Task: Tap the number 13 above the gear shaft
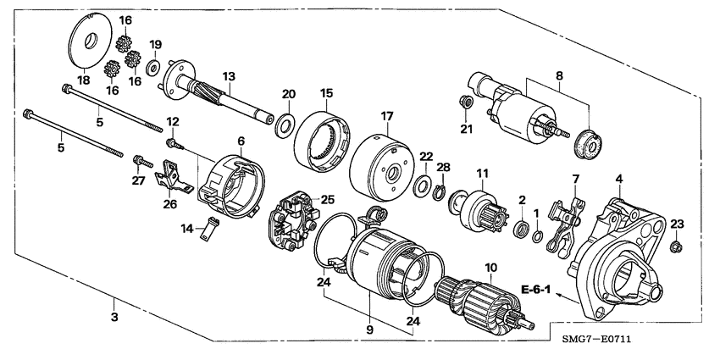tap(226, 76)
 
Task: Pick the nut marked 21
tap(465, 102)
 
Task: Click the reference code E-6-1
tap(536, 291)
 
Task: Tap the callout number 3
tap(115, 317)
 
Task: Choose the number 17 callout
tap(387, 116)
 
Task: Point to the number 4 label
tap(619, 179)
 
